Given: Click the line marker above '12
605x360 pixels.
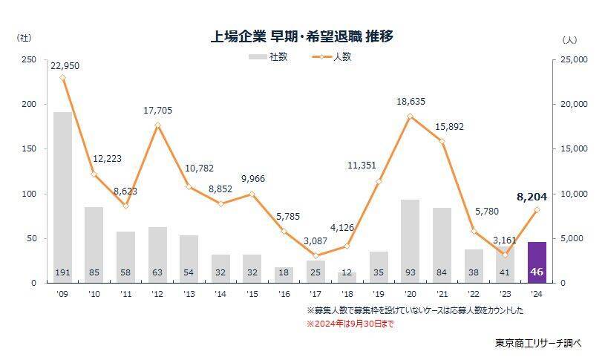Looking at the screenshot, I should pos(157,125).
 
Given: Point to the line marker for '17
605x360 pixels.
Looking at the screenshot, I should pos(315,255).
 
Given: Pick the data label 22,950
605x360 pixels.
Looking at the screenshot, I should pos(64,65).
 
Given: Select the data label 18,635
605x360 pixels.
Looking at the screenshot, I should pos(411,103).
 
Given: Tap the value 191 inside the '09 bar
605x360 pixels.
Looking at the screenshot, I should pos(62,273).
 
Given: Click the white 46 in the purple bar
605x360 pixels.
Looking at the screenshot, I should pos(537,273).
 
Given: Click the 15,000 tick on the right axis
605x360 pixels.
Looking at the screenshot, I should pos(572,149).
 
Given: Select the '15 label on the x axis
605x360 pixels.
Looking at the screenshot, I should pos(252,293).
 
